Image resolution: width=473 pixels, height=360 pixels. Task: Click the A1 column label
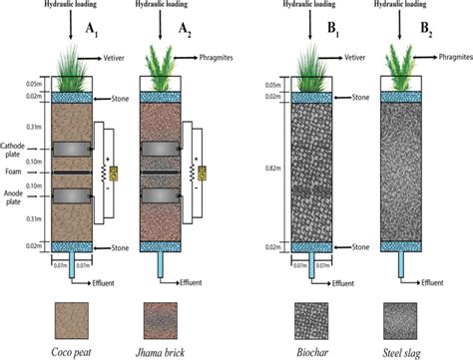[97, 30]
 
